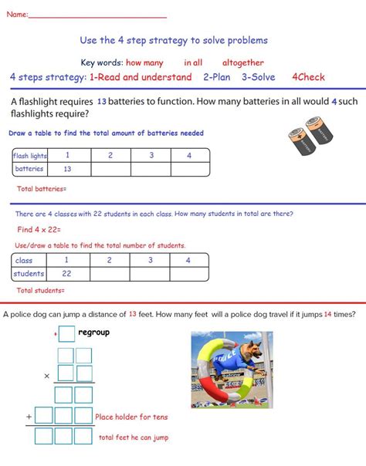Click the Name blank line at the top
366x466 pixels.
[x=97, y=16]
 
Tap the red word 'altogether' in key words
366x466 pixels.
[x=243, y=63]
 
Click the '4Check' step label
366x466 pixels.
[x=308, y=77]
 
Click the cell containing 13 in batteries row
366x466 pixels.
[x=67, y=169]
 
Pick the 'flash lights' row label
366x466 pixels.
[x=29, y=156]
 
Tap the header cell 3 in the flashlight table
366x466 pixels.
[x=151, y=156]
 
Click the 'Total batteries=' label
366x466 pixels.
[x=42, y=189]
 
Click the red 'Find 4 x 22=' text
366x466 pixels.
[x=39, y=230]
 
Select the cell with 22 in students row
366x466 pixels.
[x=66, y=274]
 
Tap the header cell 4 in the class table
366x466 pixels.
[x=188, y=261]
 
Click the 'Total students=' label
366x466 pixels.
[x=40, y=291]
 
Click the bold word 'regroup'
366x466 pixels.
[x=94, y=333]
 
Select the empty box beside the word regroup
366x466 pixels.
[x=67, y=334]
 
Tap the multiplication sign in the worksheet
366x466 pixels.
[x=46, y=376]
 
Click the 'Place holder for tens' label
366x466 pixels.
[x=131, y=417]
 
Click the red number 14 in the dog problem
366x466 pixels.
[x=328, y=314]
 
